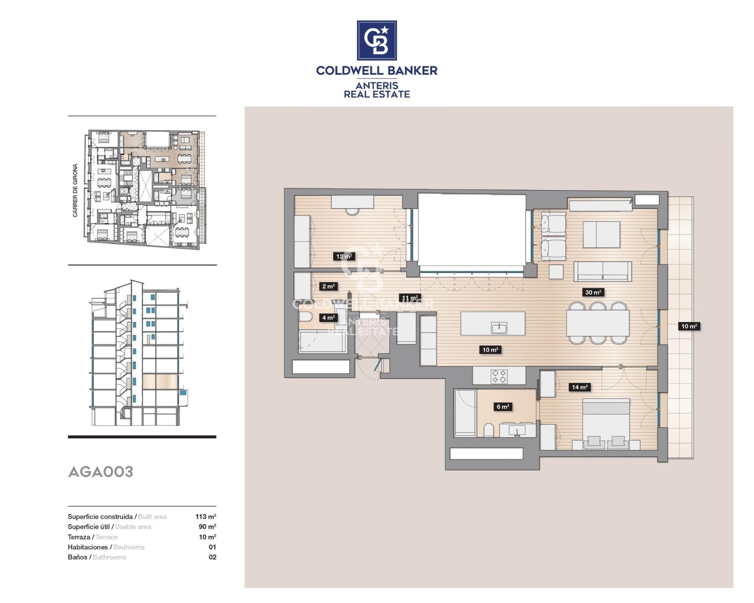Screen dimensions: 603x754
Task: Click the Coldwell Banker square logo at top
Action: tap(377, 40)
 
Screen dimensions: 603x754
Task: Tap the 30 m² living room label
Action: tap(593, 292)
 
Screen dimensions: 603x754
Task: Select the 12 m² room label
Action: tap(344, 257)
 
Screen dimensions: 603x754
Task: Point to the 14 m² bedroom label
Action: tap(580, 387)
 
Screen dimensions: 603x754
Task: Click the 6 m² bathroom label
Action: tap(503, 407)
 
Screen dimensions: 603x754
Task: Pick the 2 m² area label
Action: tap(328, 286)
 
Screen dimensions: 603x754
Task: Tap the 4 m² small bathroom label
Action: tap(328, 317)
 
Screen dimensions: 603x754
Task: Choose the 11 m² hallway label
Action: tap(410, 298)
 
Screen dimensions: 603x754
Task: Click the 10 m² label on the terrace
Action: tap(689, 326)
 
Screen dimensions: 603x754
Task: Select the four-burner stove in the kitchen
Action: tap(499, 376)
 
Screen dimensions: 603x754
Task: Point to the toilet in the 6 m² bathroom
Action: tap(489, 430)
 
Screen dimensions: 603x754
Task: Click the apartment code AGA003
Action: tap(101, 472)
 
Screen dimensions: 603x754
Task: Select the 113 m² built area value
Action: tap(206, 517)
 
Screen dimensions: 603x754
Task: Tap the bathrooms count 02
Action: tap(212, 557)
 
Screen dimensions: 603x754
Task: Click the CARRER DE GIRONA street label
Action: tap(75, 190)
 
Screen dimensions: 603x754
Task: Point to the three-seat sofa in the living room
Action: tap(602, 271)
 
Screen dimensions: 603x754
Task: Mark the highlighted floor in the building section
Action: tap(160, 381)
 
